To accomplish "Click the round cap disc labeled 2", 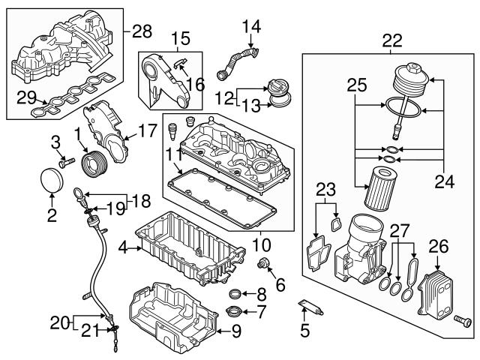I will [x=50, y=180].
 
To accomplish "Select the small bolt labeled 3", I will [x=66, y=160].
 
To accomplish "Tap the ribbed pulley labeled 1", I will [x=97, y=163].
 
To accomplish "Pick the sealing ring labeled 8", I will [x=235, y=292].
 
